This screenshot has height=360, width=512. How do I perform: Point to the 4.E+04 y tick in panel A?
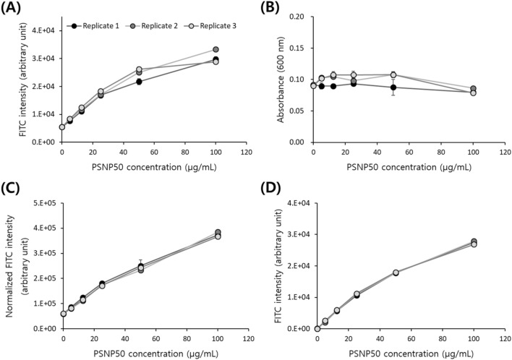pyautogui.click(x=44, y=30)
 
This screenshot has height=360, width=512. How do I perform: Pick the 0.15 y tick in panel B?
pyautogui.click(x=298, y=48)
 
